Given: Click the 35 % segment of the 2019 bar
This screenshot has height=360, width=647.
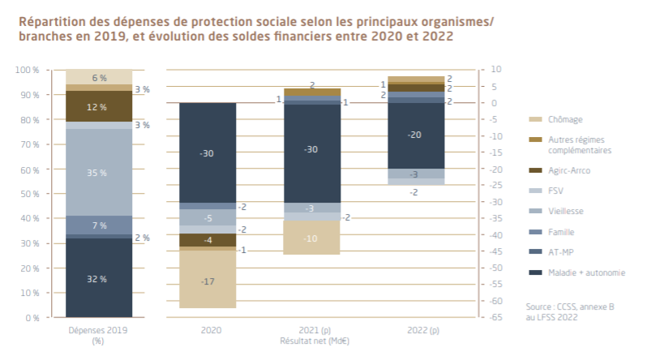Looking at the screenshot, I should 98,172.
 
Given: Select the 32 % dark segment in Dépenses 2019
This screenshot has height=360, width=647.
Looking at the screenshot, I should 98,278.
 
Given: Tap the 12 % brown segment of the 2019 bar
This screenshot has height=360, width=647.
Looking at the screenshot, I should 98,106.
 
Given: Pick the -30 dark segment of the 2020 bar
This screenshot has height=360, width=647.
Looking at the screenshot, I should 208,152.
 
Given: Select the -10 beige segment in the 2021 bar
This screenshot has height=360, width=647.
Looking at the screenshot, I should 311,238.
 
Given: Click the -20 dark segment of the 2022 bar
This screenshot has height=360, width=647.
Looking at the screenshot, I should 415,135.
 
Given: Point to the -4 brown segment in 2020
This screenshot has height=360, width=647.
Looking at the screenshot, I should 208,240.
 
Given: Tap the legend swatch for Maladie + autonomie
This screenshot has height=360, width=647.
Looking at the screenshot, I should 536,272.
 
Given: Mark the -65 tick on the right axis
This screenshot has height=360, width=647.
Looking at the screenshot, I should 493,318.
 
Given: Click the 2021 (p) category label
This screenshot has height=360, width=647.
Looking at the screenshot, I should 311,331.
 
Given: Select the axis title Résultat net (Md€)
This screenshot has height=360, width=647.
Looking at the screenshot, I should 311,341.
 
